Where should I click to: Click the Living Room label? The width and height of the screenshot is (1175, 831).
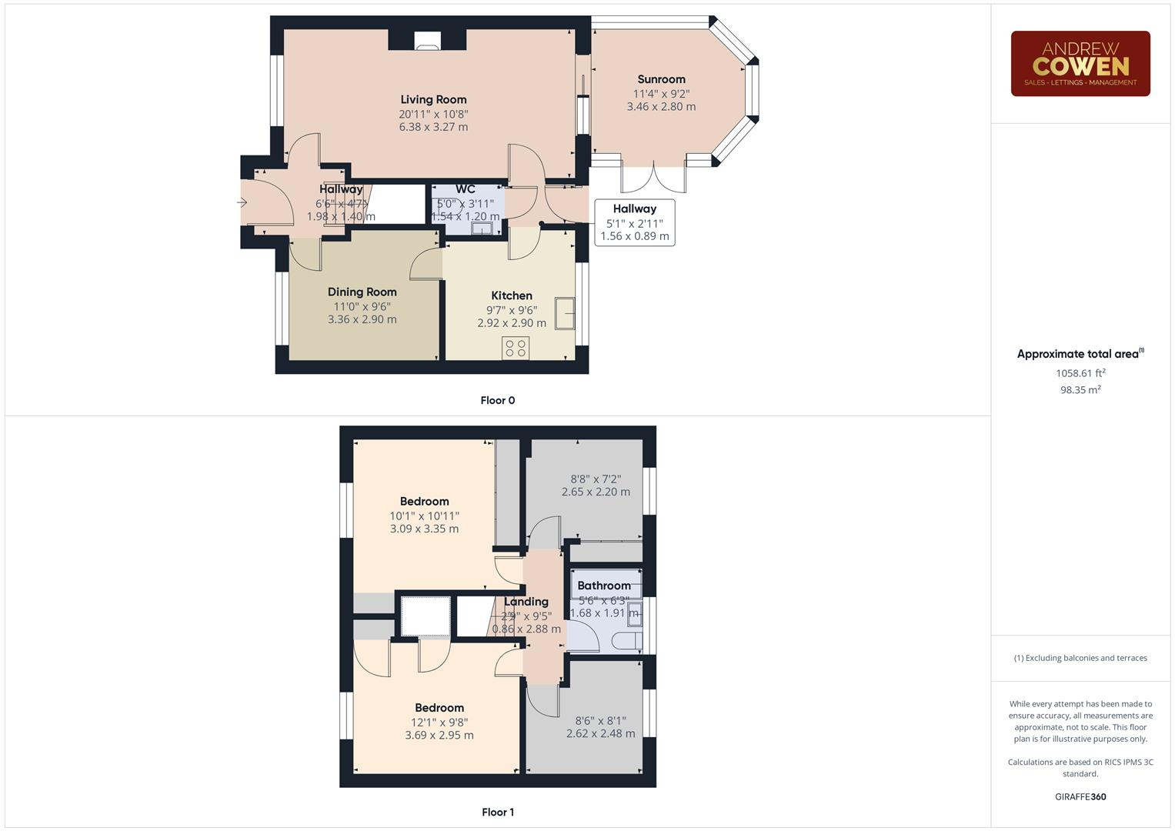click(x=433, y=99)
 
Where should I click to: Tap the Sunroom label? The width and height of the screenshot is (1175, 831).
click(x=661, y=79)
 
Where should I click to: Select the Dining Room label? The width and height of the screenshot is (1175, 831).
click(x=362, y=292)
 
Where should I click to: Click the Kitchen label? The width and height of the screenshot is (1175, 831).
click(x=512, y=295)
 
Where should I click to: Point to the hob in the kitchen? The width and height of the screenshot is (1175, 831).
click(x=516, y=348)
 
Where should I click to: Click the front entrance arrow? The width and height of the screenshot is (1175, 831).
click(x=242, y=203)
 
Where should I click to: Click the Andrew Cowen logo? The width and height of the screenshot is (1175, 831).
click(x=1080, y=64)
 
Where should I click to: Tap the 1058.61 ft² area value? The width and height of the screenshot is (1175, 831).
click(x=1080, y=373)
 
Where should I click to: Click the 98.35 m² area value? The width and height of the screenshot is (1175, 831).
click(x=1080, y=390)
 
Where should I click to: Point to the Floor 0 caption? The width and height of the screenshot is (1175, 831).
click(x=498, y=400)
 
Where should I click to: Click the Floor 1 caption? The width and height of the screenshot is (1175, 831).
click(x=498, y=812)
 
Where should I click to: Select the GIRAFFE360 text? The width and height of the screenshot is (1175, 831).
click(x=1080, y=796)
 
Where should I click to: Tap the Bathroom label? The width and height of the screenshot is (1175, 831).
click(x=604, y=586)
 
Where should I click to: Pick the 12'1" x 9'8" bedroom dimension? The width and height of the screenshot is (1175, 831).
click(x=439, y=723)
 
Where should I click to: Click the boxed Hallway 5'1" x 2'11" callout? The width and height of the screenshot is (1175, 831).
click(x=635, y=222)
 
